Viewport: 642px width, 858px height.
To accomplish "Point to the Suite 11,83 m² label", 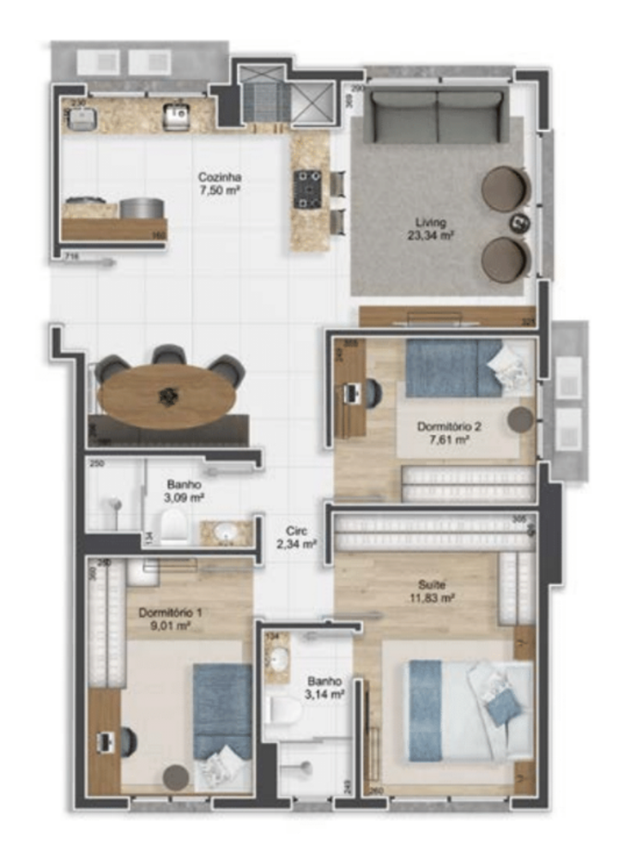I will pos(432,590).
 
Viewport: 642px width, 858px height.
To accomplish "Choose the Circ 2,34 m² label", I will pos(297,537).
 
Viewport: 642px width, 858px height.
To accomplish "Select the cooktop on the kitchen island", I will pos(309,189).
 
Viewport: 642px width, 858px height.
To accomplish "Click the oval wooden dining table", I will pos(167,396).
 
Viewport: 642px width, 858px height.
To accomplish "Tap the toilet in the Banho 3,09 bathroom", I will pos(174,526).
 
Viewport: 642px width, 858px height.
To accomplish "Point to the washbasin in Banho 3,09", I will pos(226,533).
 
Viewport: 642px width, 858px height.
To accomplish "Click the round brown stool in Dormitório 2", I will pos(519,420).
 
